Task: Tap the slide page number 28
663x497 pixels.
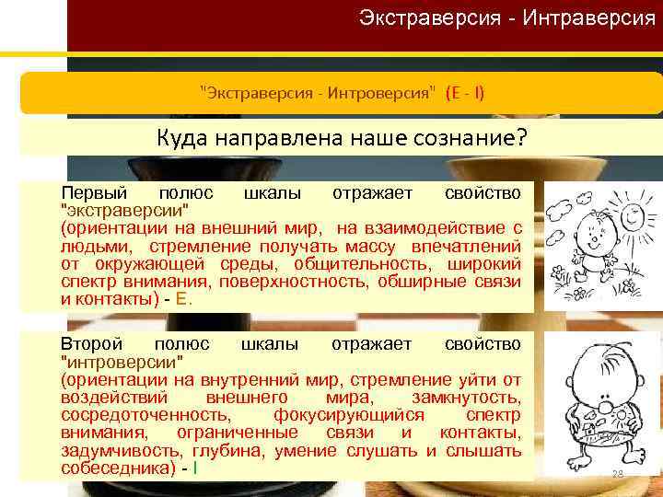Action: (618, 475)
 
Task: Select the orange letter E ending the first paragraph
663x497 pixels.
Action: (182, 298)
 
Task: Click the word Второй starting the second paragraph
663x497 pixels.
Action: (92, 344)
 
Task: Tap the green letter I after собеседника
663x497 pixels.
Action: (195, 468)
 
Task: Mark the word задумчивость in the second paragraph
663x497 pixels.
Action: (121, 450)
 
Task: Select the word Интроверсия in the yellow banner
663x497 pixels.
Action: (391, 93)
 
